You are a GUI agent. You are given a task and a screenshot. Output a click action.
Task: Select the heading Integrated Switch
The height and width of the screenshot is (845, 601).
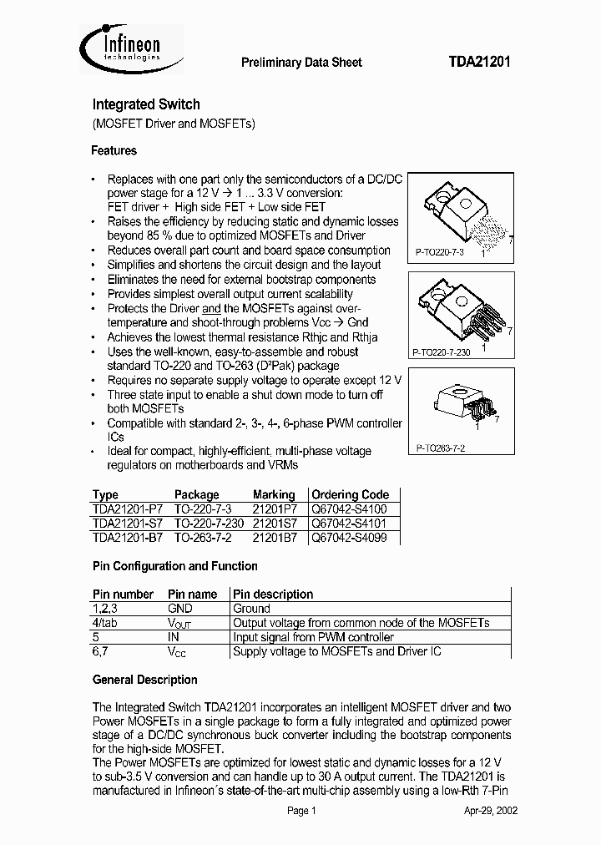[145, 104]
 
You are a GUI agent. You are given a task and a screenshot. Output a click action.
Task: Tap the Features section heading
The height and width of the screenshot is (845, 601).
[114, 151]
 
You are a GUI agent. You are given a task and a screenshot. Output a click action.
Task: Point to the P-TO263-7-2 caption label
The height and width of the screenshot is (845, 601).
[441, 448]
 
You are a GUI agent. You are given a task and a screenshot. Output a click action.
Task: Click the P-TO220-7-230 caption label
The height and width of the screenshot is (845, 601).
[443, 352]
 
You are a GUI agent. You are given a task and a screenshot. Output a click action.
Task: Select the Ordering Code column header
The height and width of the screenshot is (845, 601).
[350, 494]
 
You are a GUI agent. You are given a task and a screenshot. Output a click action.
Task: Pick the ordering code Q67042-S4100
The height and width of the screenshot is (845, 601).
[349, 509]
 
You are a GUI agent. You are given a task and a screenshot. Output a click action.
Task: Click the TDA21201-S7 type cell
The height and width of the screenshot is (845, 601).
[128, 524]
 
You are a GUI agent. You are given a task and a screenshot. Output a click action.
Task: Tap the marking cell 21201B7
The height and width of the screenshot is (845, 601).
[274, 539]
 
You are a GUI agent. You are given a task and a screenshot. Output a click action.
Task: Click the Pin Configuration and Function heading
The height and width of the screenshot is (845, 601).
[174, 566]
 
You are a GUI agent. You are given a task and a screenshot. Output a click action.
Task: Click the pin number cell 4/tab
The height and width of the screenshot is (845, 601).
[106, 623]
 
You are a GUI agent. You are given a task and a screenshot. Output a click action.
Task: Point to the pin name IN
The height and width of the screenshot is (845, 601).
[174, 637]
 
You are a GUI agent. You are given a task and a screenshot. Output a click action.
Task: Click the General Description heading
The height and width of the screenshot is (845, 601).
[144, 680]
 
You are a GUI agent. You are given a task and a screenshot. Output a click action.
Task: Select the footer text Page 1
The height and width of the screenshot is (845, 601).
[301, 811]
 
